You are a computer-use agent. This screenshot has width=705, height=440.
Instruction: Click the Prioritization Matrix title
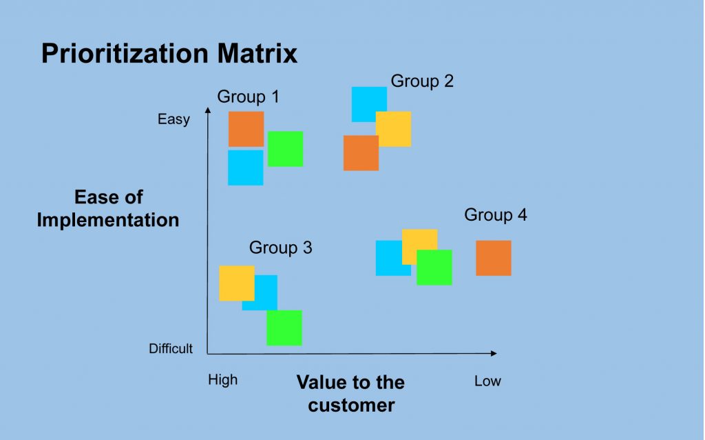(169, 53)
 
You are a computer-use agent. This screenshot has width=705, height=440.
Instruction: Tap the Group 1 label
(248, 97)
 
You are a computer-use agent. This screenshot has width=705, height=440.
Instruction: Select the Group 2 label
(422, 81)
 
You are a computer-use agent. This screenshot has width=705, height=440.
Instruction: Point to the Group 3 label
(281, 248)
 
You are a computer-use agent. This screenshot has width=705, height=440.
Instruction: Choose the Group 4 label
(496, 214)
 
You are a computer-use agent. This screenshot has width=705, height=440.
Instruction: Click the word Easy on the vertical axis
(173, 119)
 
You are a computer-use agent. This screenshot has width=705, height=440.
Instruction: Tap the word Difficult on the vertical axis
(171, 348)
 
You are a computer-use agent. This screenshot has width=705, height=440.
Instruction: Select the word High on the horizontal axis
(222, 379)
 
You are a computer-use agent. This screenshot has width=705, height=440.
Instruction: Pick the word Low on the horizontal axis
(487, 381)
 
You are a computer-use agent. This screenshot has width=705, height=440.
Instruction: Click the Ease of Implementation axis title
(108, 208)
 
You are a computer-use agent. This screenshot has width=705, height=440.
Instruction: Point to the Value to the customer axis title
(350, 394)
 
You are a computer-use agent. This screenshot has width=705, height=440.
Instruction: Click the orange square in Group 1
(246, 129)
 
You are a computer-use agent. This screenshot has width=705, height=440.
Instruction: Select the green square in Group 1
(286, 149)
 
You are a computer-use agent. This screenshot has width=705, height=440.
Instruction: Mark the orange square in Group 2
(361, 153)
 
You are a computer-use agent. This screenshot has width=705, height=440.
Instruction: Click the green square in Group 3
(284, 328)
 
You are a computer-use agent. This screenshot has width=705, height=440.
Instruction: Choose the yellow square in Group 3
(237, 283)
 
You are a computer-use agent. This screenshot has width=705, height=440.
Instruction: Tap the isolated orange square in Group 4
(494, 258)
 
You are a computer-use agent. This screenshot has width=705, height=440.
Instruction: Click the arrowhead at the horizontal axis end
(494, 354)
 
